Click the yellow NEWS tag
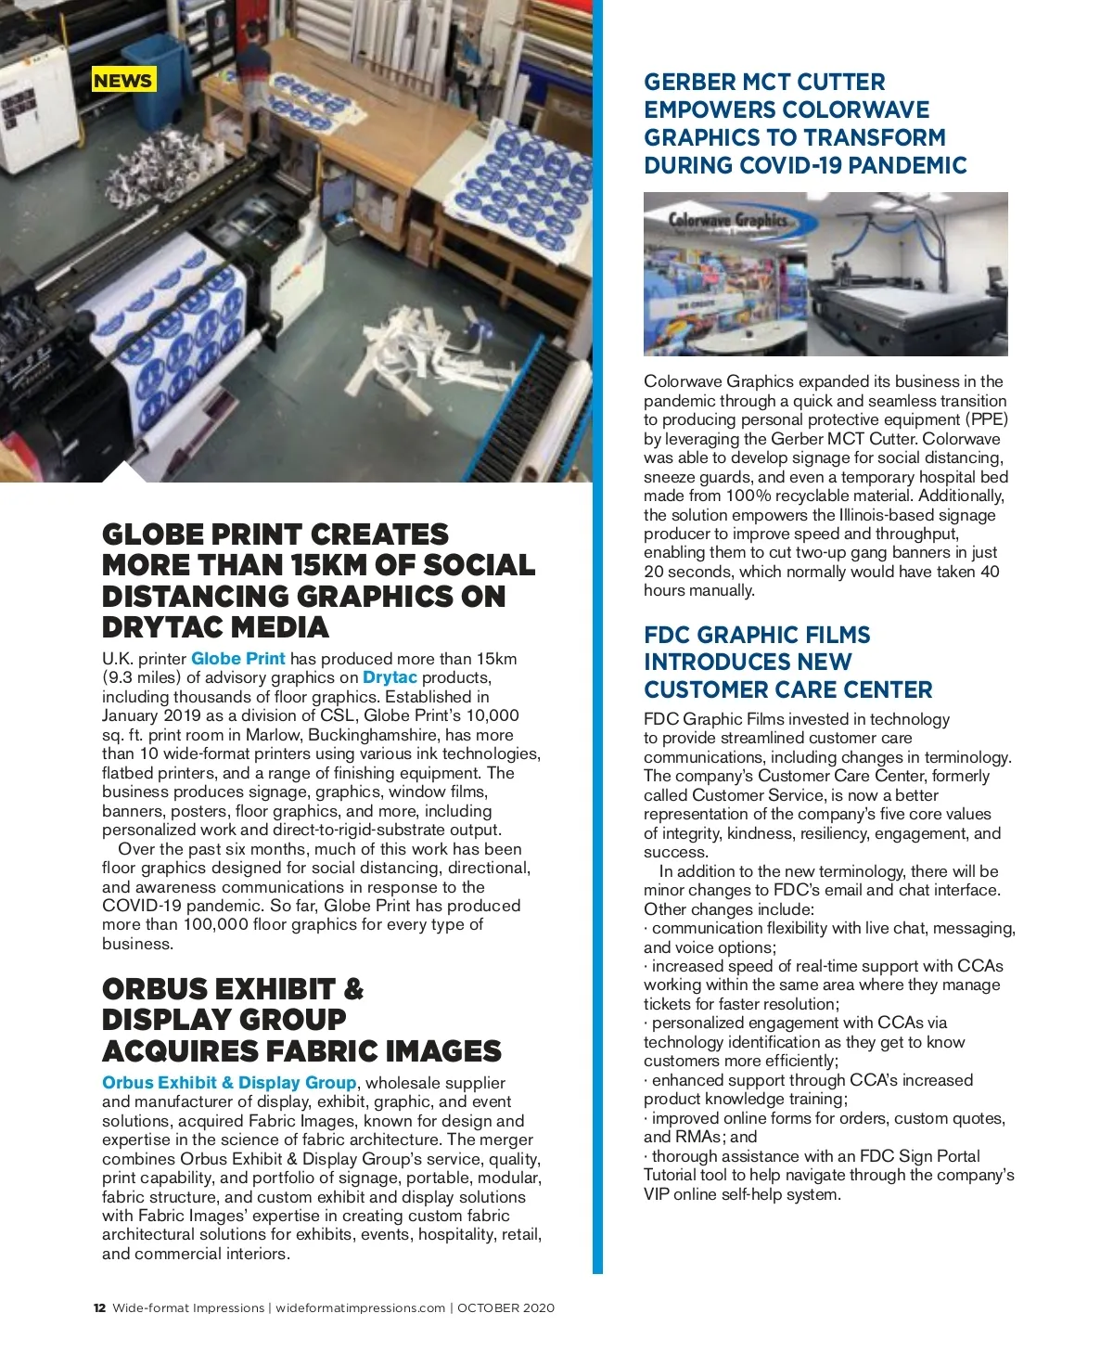122,80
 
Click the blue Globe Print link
238,659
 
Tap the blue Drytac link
390,677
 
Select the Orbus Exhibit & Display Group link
229,1083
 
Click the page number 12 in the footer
99,1308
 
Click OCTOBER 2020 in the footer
506,1308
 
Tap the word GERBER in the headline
686,82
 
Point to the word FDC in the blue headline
667,636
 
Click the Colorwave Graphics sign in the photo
728,221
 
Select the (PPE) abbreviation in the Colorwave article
986,419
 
